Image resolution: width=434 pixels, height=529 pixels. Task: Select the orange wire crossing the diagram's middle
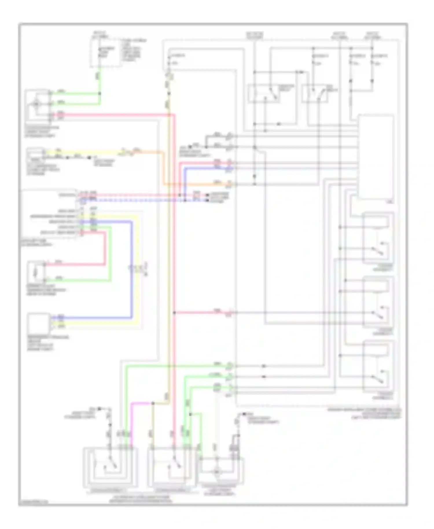click(x=200, y=184)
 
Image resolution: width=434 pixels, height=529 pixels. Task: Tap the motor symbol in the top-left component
click(x=36, y=104)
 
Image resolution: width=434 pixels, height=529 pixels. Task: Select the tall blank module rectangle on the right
click(x=376, y=157)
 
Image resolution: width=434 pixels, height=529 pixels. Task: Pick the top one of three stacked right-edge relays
click(x=378, y=238)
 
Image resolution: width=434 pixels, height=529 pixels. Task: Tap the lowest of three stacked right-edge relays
click(x=378, y=366)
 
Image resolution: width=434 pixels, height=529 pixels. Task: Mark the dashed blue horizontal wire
click(x=145, y=200)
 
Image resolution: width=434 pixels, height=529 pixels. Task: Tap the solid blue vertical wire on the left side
click(x=132, y=269)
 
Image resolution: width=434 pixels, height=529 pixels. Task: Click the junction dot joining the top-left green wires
click(x=100, y=93)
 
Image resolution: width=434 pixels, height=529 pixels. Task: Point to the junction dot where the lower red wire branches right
click(x=174, y=313)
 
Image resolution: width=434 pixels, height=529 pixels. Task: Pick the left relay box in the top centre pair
click(x=264, y=93)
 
